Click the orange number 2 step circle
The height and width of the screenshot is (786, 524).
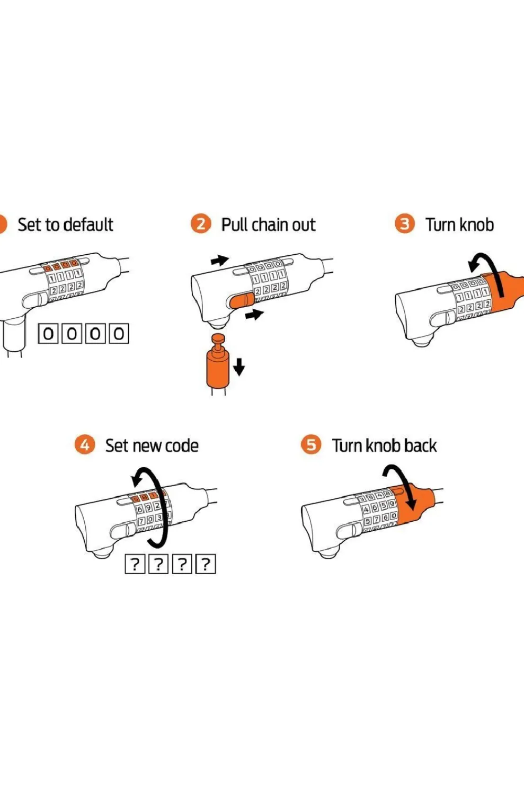pos(201,224)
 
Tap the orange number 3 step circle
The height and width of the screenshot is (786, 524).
pos(405,224)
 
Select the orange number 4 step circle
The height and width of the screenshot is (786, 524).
pos(84,444)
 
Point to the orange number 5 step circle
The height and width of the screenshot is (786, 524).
pos(311,444)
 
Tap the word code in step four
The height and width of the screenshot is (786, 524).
pos(182,445)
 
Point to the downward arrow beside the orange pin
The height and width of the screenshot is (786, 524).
pos(239,366)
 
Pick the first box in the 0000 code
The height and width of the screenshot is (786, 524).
pos(48,334)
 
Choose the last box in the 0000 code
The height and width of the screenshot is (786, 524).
pos(119,334)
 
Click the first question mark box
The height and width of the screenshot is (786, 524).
pos(135,564)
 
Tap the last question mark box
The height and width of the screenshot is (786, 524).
pos(206,564)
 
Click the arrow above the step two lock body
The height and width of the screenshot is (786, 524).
pos(219,260)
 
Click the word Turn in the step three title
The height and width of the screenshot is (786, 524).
pos(441,225)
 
